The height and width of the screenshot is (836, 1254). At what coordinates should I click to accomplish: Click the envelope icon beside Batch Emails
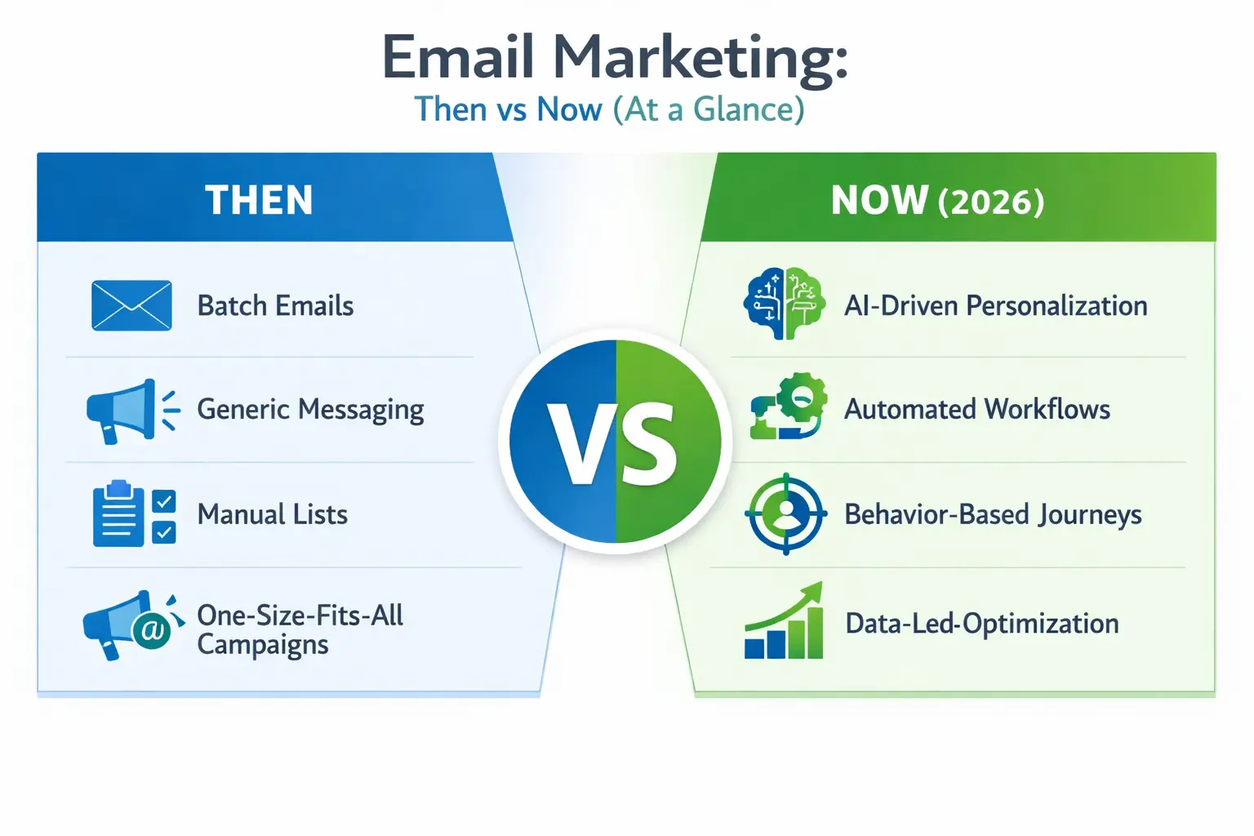131,305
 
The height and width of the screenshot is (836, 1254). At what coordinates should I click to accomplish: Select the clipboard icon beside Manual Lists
119,514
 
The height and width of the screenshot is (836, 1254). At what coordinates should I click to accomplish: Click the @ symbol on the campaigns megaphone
152,630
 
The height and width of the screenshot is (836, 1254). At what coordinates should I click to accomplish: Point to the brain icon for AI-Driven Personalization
785,304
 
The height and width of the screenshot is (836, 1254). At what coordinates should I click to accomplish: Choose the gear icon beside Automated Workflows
800,398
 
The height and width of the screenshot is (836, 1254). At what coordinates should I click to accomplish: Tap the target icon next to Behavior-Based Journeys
785,514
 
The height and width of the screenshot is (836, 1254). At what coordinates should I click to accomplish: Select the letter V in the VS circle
580,444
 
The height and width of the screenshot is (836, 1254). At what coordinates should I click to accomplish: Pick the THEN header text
259,200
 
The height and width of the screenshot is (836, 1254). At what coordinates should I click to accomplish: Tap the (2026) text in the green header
991,202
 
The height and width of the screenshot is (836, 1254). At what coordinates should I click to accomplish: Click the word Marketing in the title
700,59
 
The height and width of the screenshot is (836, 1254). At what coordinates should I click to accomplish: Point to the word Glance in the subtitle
749,109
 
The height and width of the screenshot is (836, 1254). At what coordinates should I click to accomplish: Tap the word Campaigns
262,645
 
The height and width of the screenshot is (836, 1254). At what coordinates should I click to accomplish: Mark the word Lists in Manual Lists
320,514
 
